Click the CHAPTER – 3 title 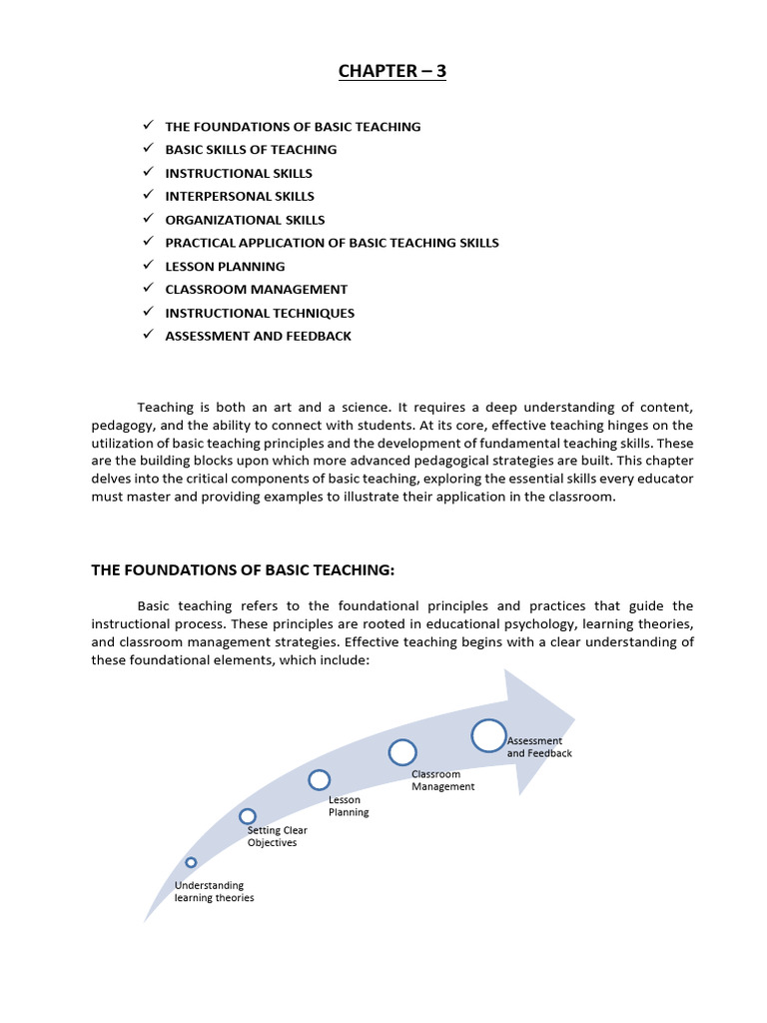click(x=391, y=70)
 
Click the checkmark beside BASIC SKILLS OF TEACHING click(x=146, y=149)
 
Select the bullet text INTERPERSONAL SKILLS click(x=240, y=196)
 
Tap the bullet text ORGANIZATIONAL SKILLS click(x=245, y=220)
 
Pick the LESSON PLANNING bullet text click(x=225, y=266)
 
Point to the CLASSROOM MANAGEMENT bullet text click(x=256, y=290)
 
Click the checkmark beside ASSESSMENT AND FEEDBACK click(x=146, y=336)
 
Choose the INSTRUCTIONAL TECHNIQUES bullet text click(x=260, y=313)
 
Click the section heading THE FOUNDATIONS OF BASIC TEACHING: click(x=244, y=570)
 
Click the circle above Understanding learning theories click(x=191, y=862)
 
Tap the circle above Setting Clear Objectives click(x=248, y=816)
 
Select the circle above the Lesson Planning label click(x=319, y=779)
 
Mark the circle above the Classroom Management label click(x=402, y=752)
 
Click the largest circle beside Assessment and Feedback click(x=488, y=735)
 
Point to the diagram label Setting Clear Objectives click(x=277, y=836)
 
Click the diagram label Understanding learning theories click(x=214, y=891)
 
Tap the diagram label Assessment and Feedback click(x=539, y=747)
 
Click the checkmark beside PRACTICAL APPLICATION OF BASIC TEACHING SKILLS click(x=146, y=243)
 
